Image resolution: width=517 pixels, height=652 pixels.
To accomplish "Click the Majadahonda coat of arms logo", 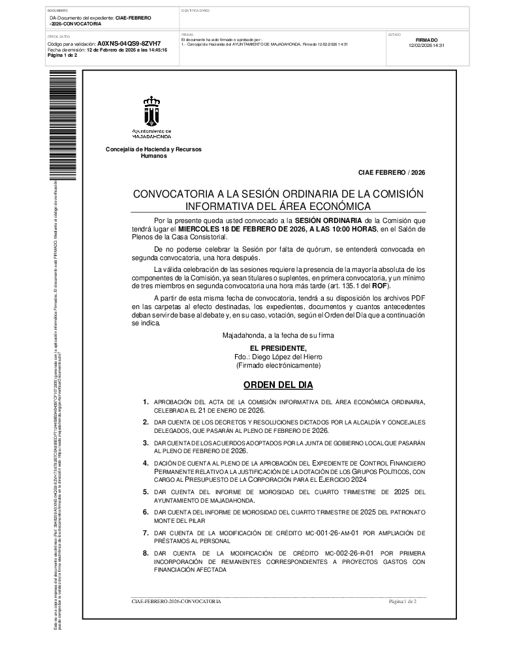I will [152, 111].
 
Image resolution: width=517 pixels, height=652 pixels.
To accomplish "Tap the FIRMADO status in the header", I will [426, 40].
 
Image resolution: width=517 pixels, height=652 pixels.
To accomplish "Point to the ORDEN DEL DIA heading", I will [278, 385].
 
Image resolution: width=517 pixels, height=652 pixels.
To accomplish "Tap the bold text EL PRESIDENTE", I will [278, 349].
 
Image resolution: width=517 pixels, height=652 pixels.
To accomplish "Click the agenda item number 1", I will [146, 402].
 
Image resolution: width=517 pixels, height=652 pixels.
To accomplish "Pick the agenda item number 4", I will [146, 463].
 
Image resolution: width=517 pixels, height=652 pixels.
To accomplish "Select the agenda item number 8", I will [146, 554].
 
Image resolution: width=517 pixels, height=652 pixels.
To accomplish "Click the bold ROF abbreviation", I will [381, 286].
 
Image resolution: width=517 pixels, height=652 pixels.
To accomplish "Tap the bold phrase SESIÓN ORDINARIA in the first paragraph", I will [325, 222].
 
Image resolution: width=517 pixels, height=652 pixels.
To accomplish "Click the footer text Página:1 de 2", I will [402, 601].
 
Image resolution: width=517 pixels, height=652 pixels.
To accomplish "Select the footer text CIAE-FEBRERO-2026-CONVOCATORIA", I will [176, 601].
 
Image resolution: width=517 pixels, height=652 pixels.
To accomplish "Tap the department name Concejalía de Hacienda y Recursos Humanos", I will [153, 153].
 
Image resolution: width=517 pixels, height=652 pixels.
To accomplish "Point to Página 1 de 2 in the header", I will [63, 55].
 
